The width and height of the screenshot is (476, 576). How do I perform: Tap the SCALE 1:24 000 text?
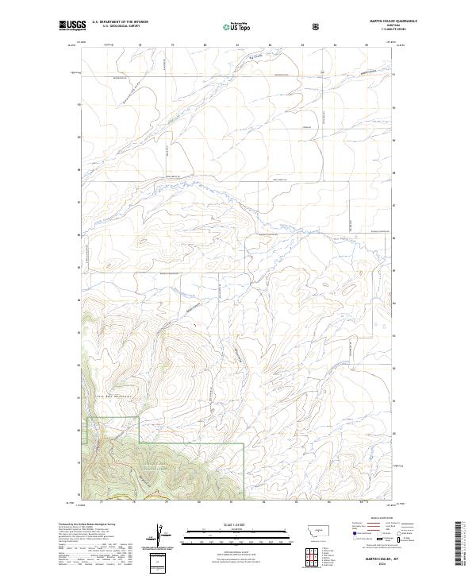[228, 524]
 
